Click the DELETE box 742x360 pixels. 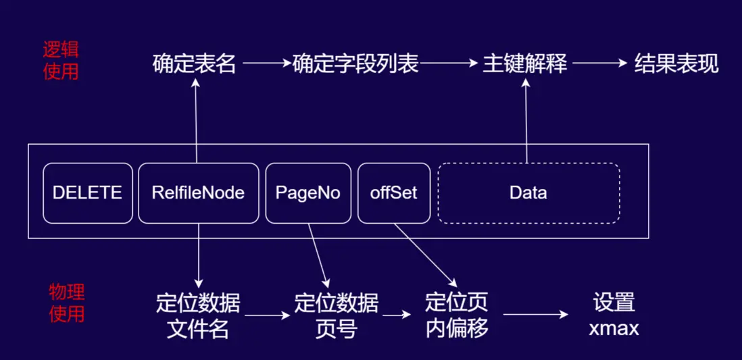tap(87, 193)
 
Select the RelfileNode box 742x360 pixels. tap(198, 193)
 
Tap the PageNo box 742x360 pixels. tap(307, 193)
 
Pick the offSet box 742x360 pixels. tap(393, 193)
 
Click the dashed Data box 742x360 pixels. tap(528, 193)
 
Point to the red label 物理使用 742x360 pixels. tap(66, 303)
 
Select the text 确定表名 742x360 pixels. tap(194, 64)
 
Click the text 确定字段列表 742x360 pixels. tap(355, 64)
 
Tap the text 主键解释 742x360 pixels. tap(524, 64)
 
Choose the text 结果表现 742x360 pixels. tap(676, 64)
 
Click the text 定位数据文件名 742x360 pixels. tap(198, 315)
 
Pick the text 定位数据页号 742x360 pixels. tap(336, 315)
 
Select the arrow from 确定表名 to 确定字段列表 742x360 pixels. tap(267, 64)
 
